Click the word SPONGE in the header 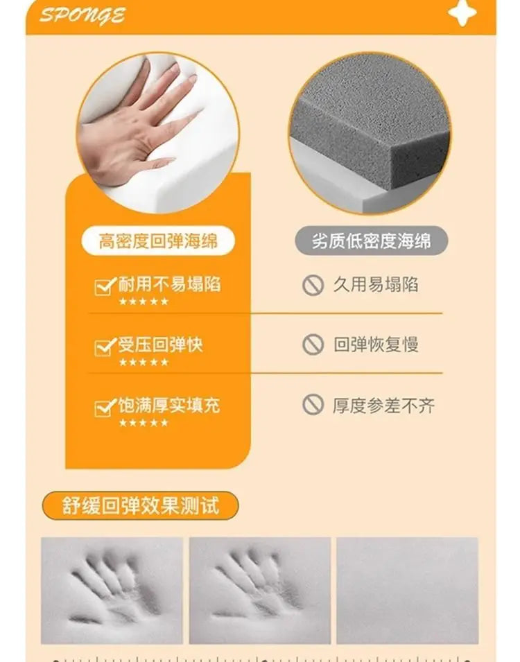click(x=83, y=15)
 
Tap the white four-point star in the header click(x=462, y=12)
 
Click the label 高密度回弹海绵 click(x=158, y=241)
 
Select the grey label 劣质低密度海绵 click(x=372, y=241)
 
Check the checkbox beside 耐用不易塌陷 click(x=105, y=286)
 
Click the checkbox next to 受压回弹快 click(x=105, y=347)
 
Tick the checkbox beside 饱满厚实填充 click(x=105, y=408)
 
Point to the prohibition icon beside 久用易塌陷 click(x=313, y=285)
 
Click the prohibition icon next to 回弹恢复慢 click(x=313, y=345)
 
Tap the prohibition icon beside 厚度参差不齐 click(x=313, y=404)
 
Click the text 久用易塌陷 click(x=376, y=285)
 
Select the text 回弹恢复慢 click(x=376, y=345)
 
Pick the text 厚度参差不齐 click(x=383, y=406)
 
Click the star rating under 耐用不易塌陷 click(x=144, y=302)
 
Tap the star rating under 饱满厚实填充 click(x=144, y=423)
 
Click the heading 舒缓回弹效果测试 click(x=140, y=505)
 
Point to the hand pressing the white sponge click(x=135, y=123)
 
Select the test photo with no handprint click(x=407, y=590)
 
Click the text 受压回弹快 click(x=160, y=345)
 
